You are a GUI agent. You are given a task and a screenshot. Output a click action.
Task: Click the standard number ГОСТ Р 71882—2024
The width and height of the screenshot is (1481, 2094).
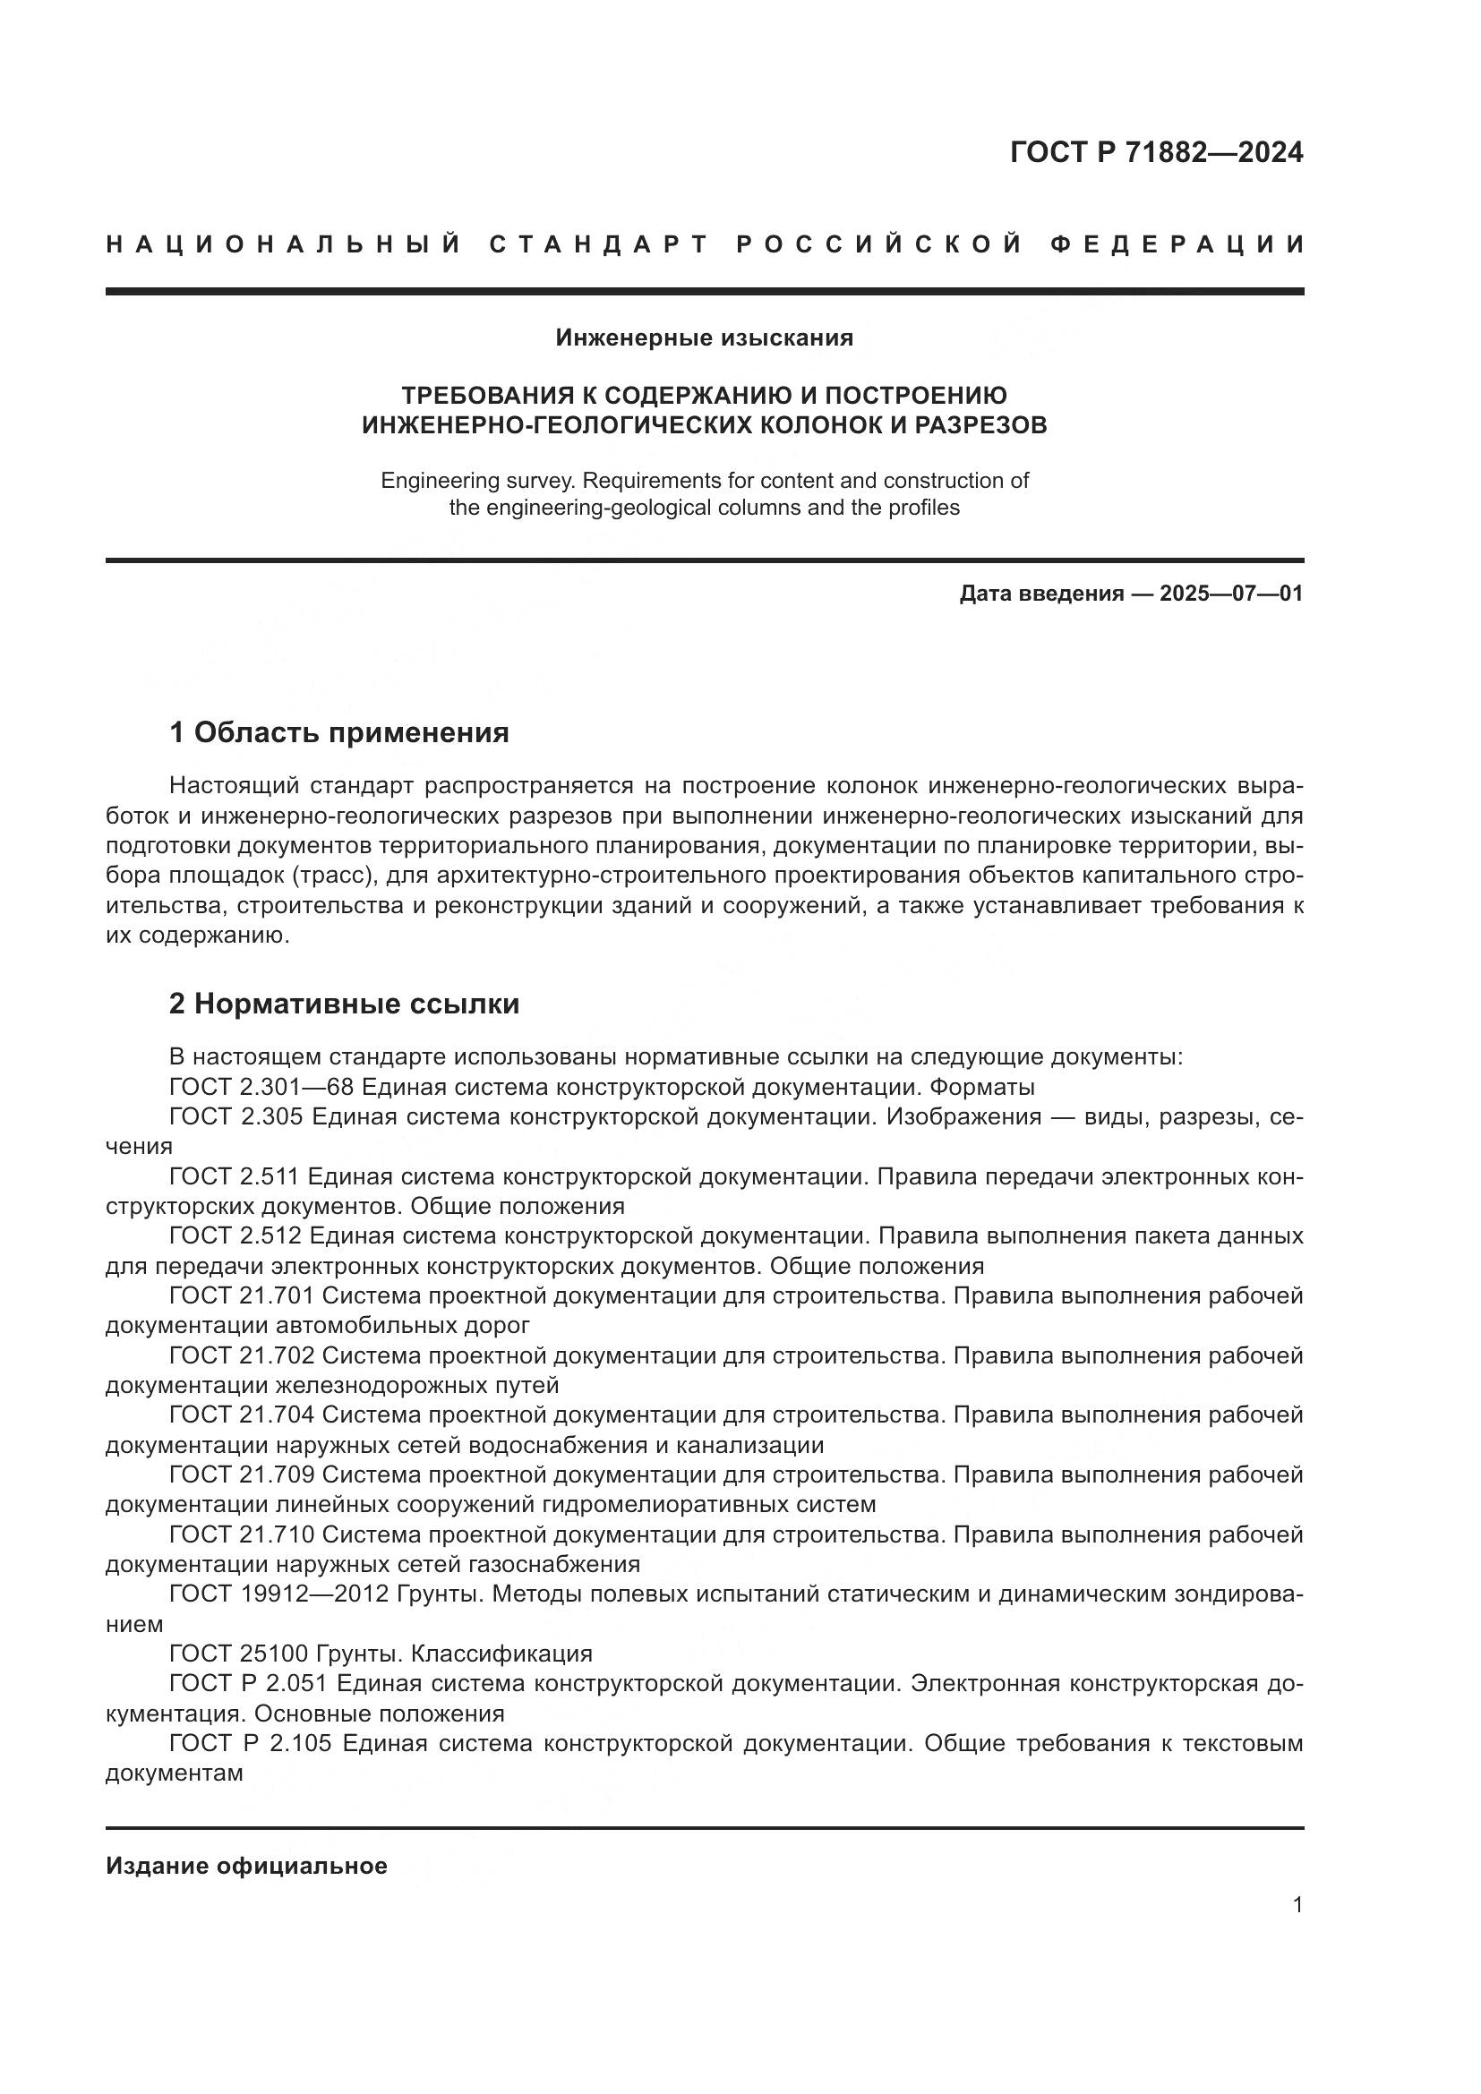pos(1156,152)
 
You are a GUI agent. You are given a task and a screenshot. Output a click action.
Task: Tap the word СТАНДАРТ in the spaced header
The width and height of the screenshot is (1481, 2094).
pos(599,244)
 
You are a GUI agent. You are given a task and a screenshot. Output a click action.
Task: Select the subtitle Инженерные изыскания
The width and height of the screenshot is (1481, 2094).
pos(704,338)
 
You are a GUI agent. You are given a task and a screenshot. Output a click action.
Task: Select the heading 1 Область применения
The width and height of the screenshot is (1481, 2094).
pos(338,732)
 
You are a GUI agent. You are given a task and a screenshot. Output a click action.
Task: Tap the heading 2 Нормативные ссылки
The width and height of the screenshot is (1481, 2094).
pos(344,1004)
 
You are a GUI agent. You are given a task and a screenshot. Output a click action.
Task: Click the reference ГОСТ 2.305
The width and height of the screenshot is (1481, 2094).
pos(236,1117)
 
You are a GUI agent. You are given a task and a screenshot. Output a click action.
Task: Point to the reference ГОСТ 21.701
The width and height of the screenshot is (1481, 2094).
pos(242,1296)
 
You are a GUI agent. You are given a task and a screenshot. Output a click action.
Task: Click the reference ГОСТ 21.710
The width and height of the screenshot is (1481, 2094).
pos(242,1535)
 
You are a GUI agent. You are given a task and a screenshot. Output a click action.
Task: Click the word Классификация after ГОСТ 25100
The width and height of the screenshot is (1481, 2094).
pos(501,1654)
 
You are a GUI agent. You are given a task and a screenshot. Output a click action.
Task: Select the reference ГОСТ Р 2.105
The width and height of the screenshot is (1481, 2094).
pos(251,1743)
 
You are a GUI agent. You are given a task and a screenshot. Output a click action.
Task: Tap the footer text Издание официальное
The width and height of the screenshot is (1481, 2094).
pos(246,1866)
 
